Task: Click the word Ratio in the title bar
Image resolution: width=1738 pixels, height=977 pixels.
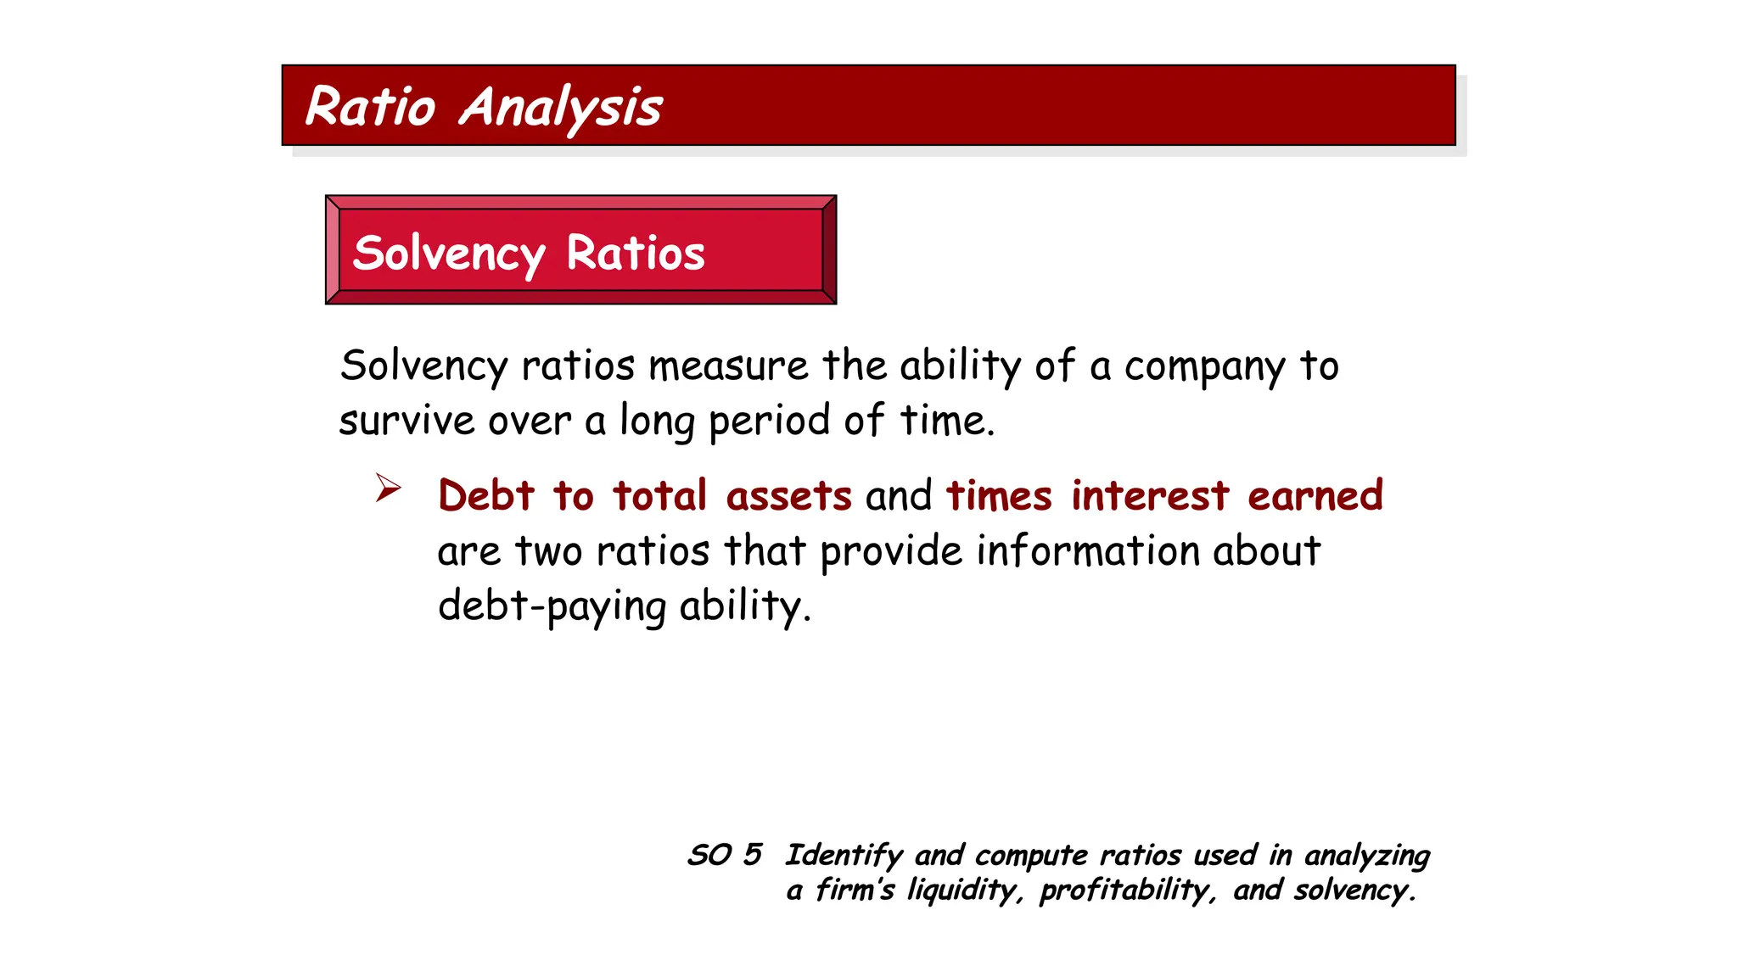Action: (370, 107)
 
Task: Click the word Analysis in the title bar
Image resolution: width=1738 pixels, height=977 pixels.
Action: (561, 109)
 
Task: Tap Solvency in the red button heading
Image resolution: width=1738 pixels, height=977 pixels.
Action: (449, 254)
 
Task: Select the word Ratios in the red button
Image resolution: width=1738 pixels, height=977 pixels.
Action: (636, 253)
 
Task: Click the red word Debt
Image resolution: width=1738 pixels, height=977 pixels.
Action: (486, 495)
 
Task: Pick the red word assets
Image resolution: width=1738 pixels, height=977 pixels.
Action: (788, 495)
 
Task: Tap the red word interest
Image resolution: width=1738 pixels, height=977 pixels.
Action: (1150, 495)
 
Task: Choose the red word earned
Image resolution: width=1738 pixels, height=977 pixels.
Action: (1315, 495)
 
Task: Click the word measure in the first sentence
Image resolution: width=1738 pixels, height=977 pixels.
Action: (728, 366)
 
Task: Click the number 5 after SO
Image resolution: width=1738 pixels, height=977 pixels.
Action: (752, 854)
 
